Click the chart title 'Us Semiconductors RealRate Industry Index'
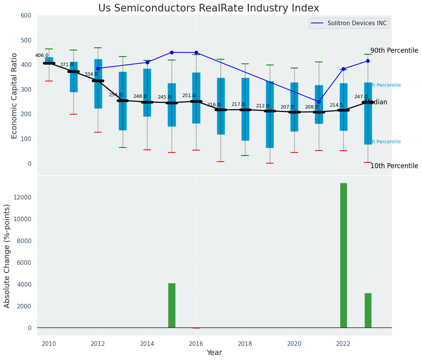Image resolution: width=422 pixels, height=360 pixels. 208,8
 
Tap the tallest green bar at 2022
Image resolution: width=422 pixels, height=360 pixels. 343,255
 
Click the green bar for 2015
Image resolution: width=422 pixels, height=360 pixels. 172,305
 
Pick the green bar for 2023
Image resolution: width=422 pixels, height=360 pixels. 368,310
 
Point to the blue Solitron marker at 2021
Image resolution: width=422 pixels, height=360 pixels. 319,102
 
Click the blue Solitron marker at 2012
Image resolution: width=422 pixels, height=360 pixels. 98,68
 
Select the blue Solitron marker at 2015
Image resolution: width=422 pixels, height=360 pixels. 172,52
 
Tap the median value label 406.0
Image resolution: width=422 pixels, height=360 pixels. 42,56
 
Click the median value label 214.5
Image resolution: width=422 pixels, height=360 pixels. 336,105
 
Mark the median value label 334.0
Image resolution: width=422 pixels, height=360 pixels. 91,74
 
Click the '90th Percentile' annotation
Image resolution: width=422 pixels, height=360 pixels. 394,51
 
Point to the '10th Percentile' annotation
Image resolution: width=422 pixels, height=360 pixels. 394,166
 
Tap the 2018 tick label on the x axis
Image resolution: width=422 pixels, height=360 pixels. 245,344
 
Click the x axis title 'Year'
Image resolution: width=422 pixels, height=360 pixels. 214,353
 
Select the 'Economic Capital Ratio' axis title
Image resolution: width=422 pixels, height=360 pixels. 15,96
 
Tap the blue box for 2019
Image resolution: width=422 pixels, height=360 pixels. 269,115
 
